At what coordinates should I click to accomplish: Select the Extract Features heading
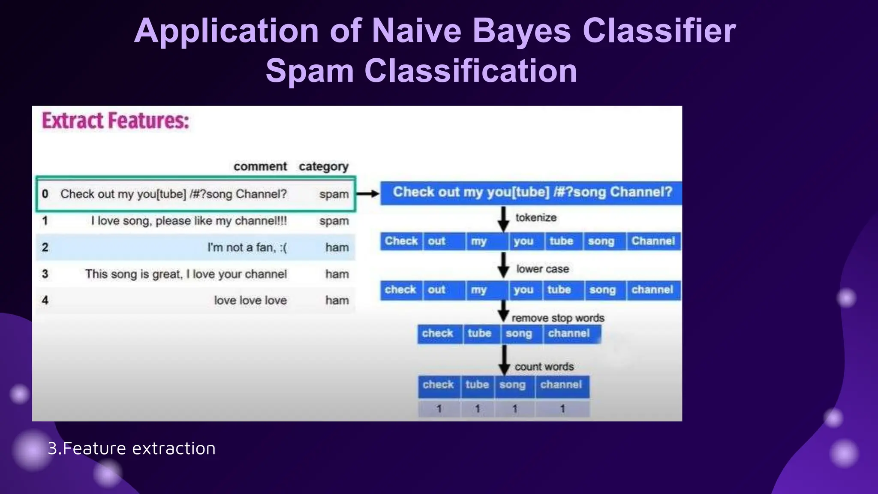[x=115, y=121]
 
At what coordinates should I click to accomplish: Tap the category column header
[x=323, y=166]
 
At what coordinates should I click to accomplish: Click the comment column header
[x=260, y=166]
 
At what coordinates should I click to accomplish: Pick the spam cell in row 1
[x=334, y=221]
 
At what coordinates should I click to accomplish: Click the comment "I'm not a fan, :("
[x=247, y=247]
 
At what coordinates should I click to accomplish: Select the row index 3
[x=45, y=274]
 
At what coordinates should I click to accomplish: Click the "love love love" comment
[x=250, y=300]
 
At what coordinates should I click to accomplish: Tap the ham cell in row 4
[x=337, y=300]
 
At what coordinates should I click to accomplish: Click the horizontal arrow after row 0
[x=367, y=194]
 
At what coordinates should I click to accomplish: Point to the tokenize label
[x=536, y=217]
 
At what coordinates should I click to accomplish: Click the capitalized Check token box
[x=401, y=241]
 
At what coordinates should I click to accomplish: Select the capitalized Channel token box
[x=653, y=241]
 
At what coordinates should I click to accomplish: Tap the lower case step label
[x=542, y=269]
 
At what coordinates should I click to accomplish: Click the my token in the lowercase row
[x=479, y=290]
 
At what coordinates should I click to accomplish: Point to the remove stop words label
[x=558, y=318]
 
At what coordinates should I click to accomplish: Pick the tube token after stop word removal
[x=479, y=333]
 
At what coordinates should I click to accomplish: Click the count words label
[x=544, y=367]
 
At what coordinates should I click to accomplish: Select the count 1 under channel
[x=562, y=409]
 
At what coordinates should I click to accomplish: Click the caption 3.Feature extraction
[x=132, y=449]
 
